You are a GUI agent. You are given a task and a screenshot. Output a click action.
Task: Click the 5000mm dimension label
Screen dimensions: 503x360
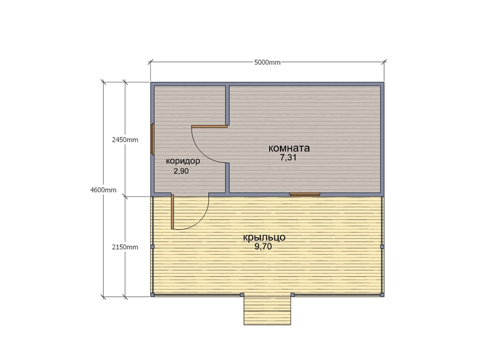point(267,62)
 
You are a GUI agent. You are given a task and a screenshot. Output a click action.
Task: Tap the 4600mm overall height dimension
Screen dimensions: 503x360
point(103,190)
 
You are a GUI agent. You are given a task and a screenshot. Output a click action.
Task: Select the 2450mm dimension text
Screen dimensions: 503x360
point(124,140)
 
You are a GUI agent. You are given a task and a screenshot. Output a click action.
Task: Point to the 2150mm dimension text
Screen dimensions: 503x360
point(124,247)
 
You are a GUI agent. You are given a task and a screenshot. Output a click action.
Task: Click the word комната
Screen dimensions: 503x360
point(289,148)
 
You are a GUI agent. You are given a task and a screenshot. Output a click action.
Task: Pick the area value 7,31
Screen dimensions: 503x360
point(289,158)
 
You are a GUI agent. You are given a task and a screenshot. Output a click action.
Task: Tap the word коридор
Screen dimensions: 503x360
point(183,161)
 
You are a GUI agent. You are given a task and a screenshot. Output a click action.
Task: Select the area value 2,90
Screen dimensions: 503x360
point(181,171)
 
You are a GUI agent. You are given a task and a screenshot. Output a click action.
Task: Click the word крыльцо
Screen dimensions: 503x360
point(264,237)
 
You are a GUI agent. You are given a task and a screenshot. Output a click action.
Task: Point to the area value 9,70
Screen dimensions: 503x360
point(263,247)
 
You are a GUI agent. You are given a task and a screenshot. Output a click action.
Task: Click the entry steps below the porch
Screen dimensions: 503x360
point(267,310)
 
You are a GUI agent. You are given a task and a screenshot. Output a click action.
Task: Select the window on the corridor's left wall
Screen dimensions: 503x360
point(153,138)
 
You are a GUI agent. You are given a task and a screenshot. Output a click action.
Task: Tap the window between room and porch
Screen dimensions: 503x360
point(304,194)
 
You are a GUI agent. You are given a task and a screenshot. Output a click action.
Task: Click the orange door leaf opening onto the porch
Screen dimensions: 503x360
point(172,211)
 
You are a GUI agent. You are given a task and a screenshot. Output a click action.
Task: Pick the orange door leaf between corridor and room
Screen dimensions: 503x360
point(209,127)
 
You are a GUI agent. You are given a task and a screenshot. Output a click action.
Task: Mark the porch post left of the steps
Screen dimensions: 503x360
point(242,295)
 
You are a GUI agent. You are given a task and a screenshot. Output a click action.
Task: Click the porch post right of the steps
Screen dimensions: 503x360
point(292,295)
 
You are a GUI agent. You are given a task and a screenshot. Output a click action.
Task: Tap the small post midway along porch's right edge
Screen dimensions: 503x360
point(382,247)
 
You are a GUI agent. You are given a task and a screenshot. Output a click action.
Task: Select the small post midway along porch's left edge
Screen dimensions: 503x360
point(153,247)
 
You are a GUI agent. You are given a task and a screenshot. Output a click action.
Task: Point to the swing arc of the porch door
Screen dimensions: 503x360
point(199,220)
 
